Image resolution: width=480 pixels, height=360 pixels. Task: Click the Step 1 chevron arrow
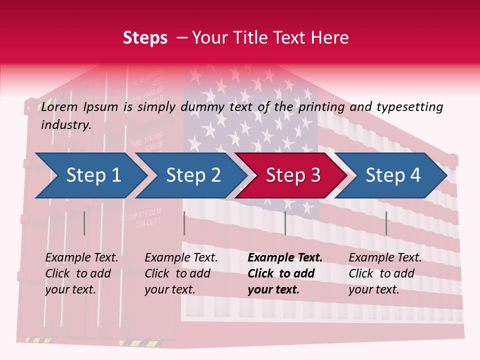click(90, 175)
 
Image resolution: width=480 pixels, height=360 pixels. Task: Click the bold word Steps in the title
click(145, 37)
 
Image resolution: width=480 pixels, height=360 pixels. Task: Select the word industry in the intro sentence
click(66, 124)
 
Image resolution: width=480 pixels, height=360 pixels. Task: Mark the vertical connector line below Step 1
click(84, 223)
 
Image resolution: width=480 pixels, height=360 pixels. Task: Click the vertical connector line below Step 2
click(184, 223)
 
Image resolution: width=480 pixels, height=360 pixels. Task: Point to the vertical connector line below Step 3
click(285, 223)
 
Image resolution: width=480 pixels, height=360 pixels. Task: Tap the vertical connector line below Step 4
click(386, 223)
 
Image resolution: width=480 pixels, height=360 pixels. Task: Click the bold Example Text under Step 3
click(285, 258)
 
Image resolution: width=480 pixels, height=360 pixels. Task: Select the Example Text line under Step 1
click(81, 258)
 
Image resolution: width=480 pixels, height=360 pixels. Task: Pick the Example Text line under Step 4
click(385, 258)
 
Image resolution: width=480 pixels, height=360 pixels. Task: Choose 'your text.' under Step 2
click(170, 289)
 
